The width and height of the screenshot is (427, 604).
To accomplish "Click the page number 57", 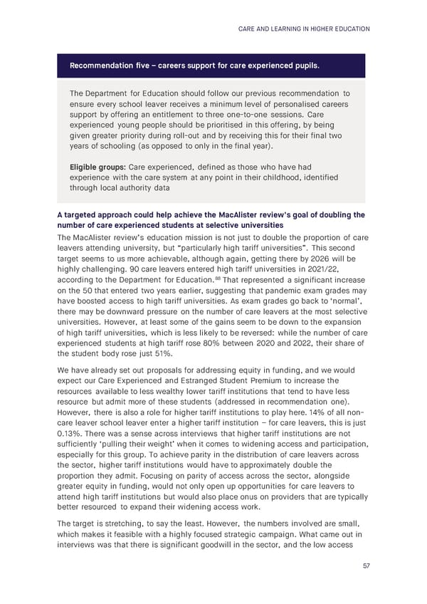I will pos(365,566).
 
